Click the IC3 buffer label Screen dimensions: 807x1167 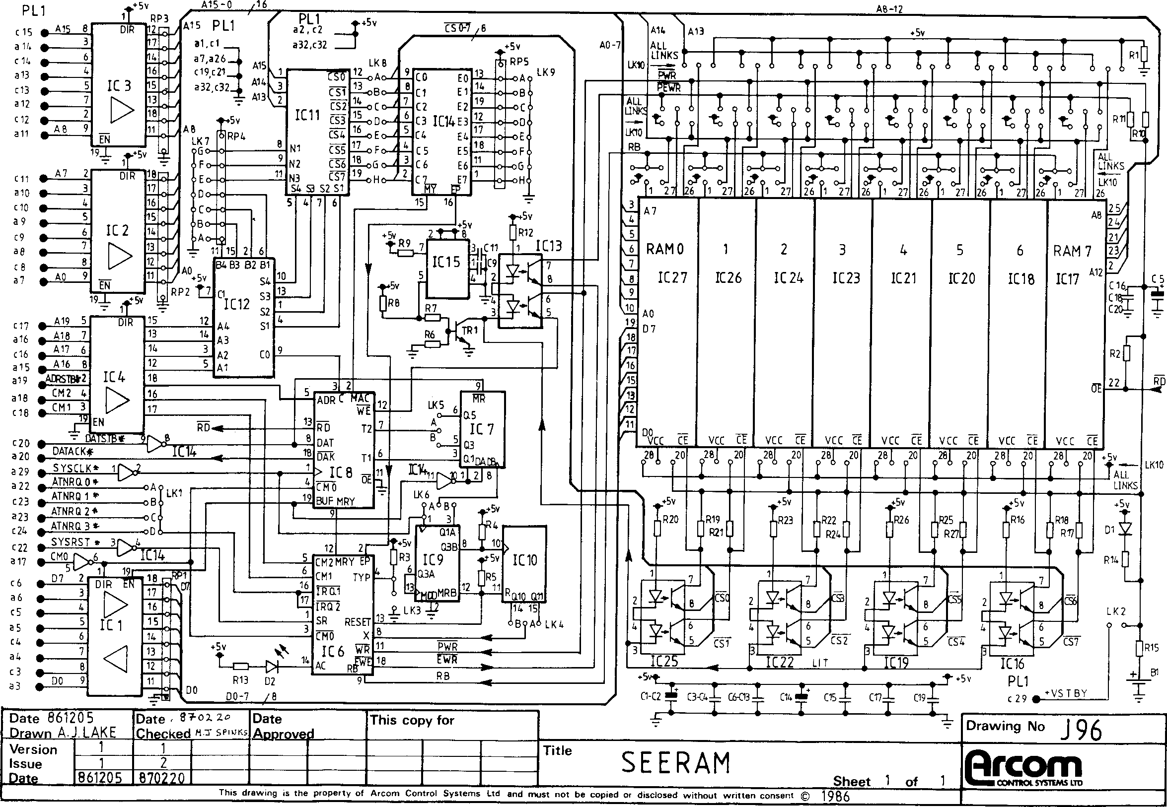(119, 86)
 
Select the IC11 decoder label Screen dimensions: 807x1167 (307, 115)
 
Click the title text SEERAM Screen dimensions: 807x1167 (675, 763)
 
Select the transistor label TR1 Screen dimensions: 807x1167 (470, 330)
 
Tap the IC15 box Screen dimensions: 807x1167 (445, 262)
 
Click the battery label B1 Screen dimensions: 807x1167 (1155, 672)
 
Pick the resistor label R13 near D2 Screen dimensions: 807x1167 (240, 680)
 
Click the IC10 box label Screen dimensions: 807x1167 (524, 560)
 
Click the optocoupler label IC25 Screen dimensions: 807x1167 (664, 661)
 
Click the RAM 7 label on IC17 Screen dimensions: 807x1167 (1072, 251)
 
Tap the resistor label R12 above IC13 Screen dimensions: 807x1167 (525, 233)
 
